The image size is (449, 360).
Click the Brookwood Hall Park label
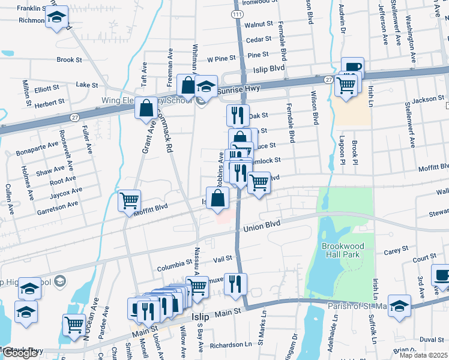click(340, 250)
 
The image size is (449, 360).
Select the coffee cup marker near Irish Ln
click(352, 67)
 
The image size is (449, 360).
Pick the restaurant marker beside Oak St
click(238, 114)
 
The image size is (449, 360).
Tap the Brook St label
click(69, 60)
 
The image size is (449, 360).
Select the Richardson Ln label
click(231, 346)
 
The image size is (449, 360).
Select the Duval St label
click(432, 339)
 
